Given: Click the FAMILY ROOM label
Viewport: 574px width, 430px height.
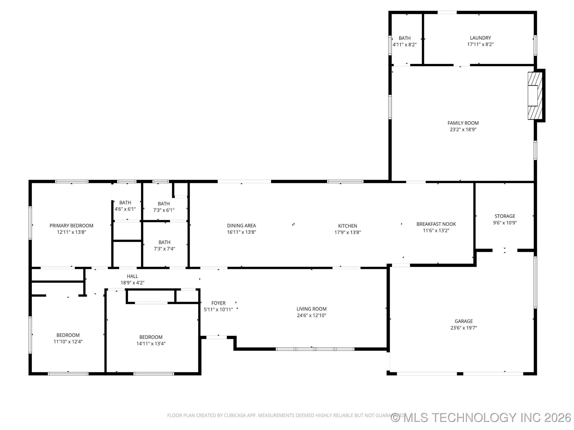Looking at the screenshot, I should tap(463, 123).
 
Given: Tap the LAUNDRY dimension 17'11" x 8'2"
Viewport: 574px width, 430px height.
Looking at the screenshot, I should tap(480, 44).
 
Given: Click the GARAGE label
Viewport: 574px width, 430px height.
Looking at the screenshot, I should tap(463, 321).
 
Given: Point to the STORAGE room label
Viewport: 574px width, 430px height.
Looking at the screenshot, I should tap(505, 216).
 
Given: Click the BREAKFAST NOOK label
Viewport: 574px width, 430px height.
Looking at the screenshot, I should tap(436, 224).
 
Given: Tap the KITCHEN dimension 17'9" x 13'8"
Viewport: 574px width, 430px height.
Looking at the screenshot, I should tap(347, 233).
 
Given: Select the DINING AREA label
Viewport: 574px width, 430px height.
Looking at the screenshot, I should tap(241, 226).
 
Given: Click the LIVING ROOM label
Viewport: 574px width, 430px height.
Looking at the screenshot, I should tap(311, 309).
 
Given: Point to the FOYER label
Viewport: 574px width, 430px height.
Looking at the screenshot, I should tap(218, 303).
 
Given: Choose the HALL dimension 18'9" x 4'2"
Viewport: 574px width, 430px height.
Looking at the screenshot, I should tap(132, 283).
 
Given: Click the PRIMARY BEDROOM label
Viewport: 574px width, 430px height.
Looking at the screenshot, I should tap(71, 226).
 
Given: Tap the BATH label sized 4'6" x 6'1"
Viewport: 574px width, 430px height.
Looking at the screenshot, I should tap(125, 203).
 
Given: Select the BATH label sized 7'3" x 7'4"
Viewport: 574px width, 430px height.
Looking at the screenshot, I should tap(164, 242).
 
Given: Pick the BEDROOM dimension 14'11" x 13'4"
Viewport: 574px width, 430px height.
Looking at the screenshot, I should tap(151, 344).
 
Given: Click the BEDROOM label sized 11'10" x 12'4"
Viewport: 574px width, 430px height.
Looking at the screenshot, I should tap(68, 335).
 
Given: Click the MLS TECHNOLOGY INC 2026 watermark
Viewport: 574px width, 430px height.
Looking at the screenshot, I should tap(481, 418).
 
